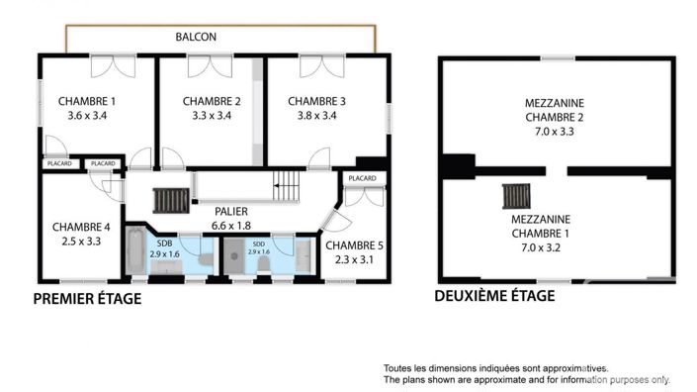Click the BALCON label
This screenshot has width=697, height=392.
pos(196,37)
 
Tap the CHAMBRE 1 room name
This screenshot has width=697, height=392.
pos(87,101)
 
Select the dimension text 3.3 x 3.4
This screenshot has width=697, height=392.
pos(212,116)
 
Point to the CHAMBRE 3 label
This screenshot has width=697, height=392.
pos(316,101)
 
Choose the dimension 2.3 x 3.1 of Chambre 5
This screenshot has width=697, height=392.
pos(352,260)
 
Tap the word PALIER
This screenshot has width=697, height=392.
pos(230,211)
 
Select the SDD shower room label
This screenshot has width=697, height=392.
pos(258,244)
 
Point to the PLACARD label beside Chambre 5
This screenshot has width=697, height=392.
pos(362,178)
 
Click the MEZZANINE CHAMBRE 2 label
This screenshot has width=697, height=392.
pos(554,109)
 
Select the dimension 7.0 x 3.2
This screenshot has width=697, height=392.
pos(554,248)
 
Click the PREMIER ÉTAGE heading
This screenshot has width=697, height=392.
pos(87,298)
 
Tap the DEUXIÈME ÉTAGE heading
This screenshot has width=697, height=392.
pos(494,295)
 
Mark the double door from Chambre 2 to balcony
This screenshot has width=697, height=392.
pos(212,66)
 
